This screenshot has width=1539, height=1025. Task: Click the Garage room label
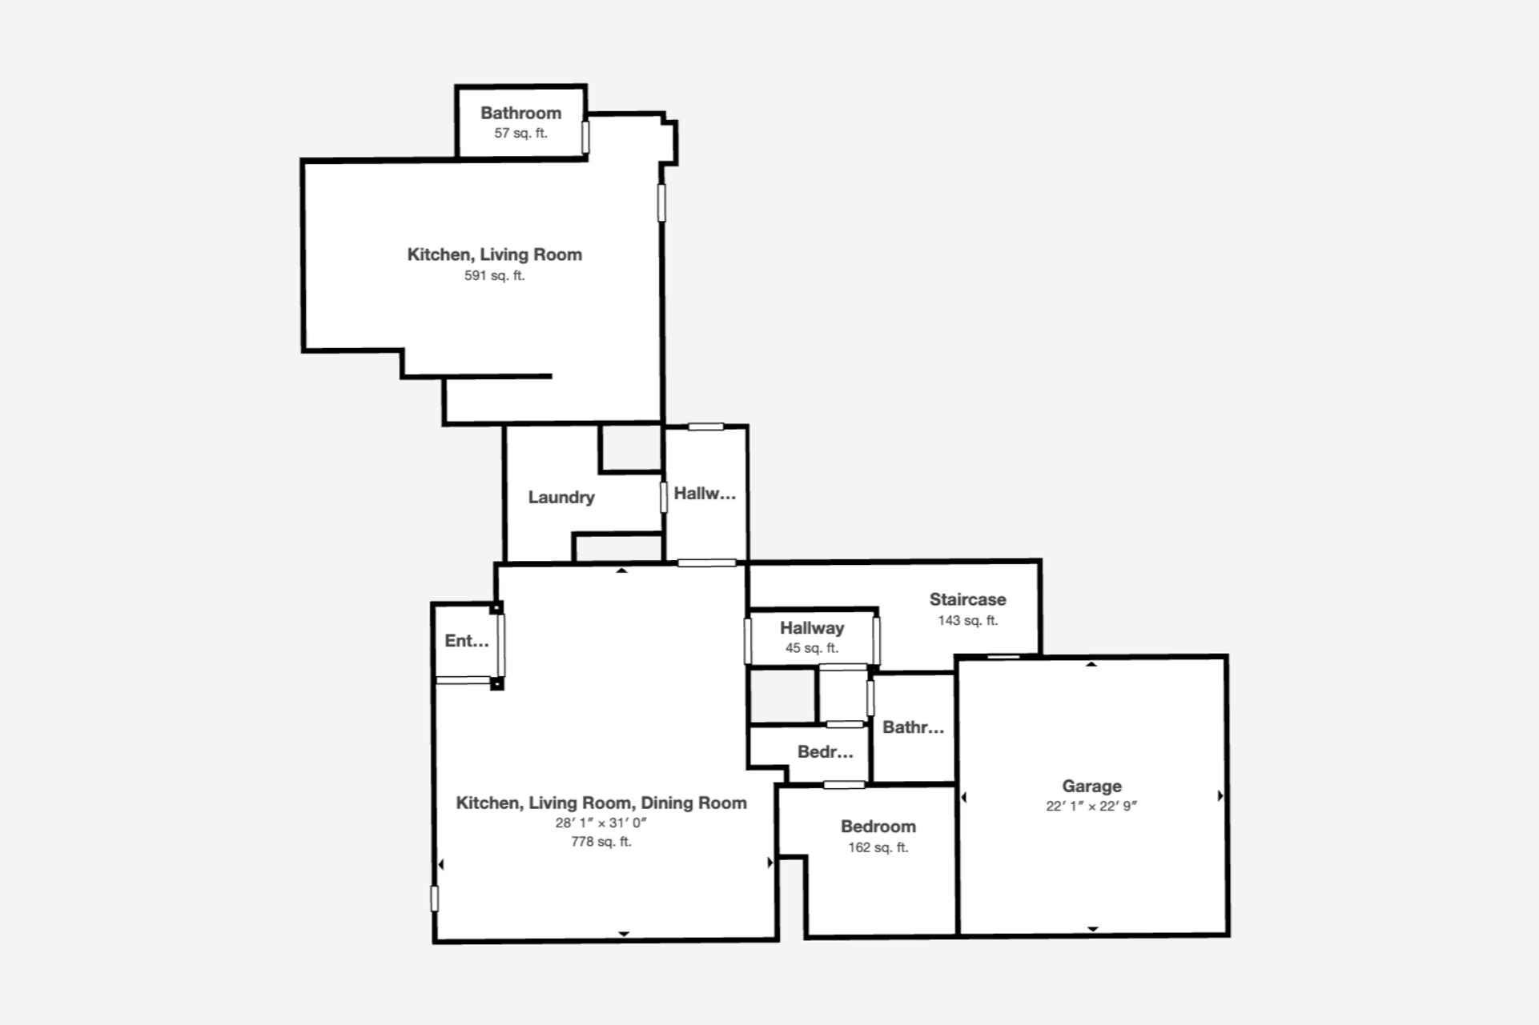coord(1091,786)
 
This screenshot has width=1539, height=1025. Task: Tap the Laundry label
coord(561,497)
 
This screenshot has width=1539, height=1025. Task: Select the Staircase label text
coord(967,599)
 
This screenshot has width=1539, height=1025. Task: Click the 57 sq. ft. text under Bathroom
coord(520,133)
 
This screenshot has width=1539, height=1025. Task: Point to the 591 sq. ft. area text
coord(495,275)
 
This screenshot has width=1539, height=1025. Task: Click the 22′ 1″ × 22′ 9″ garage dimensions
coord(1091,806)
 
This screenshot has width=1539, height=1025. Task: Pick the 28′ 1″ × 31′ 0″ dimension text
coord(601,823)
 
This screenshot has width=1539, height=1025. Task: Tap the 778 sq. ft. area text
coord(601,842)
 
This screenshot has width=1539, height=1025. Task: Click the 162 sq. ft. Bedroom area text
coord(878,847)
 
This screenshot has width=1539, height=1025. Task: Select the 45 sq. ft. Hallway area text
coord(812,648)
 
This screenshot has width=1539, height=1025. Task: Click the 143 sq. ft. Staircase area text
coord(968,620)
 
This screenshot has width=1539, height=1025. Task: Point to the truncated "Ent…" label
coord(467,641)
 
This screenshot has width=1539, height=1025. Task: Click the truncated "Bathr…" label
coord(913,727)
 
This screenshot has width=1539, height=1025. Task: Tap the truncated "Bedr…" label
coord(825,752)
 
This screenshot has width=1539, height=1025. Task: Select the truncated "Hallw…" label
coord(705,494)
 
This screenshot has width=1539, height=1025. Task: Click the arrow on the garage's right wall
coord(1220,796)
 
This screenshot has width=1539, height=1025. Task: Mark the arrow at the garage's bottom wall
coord(1092,929)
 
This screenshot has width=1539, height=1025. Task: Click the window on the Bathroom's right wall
coord(585,137)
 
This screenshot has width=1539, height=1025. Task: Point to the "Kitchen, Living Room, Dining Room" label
coord(601,803)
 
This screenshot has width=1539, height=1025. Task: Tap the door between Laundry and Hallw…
coord(663,497)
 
